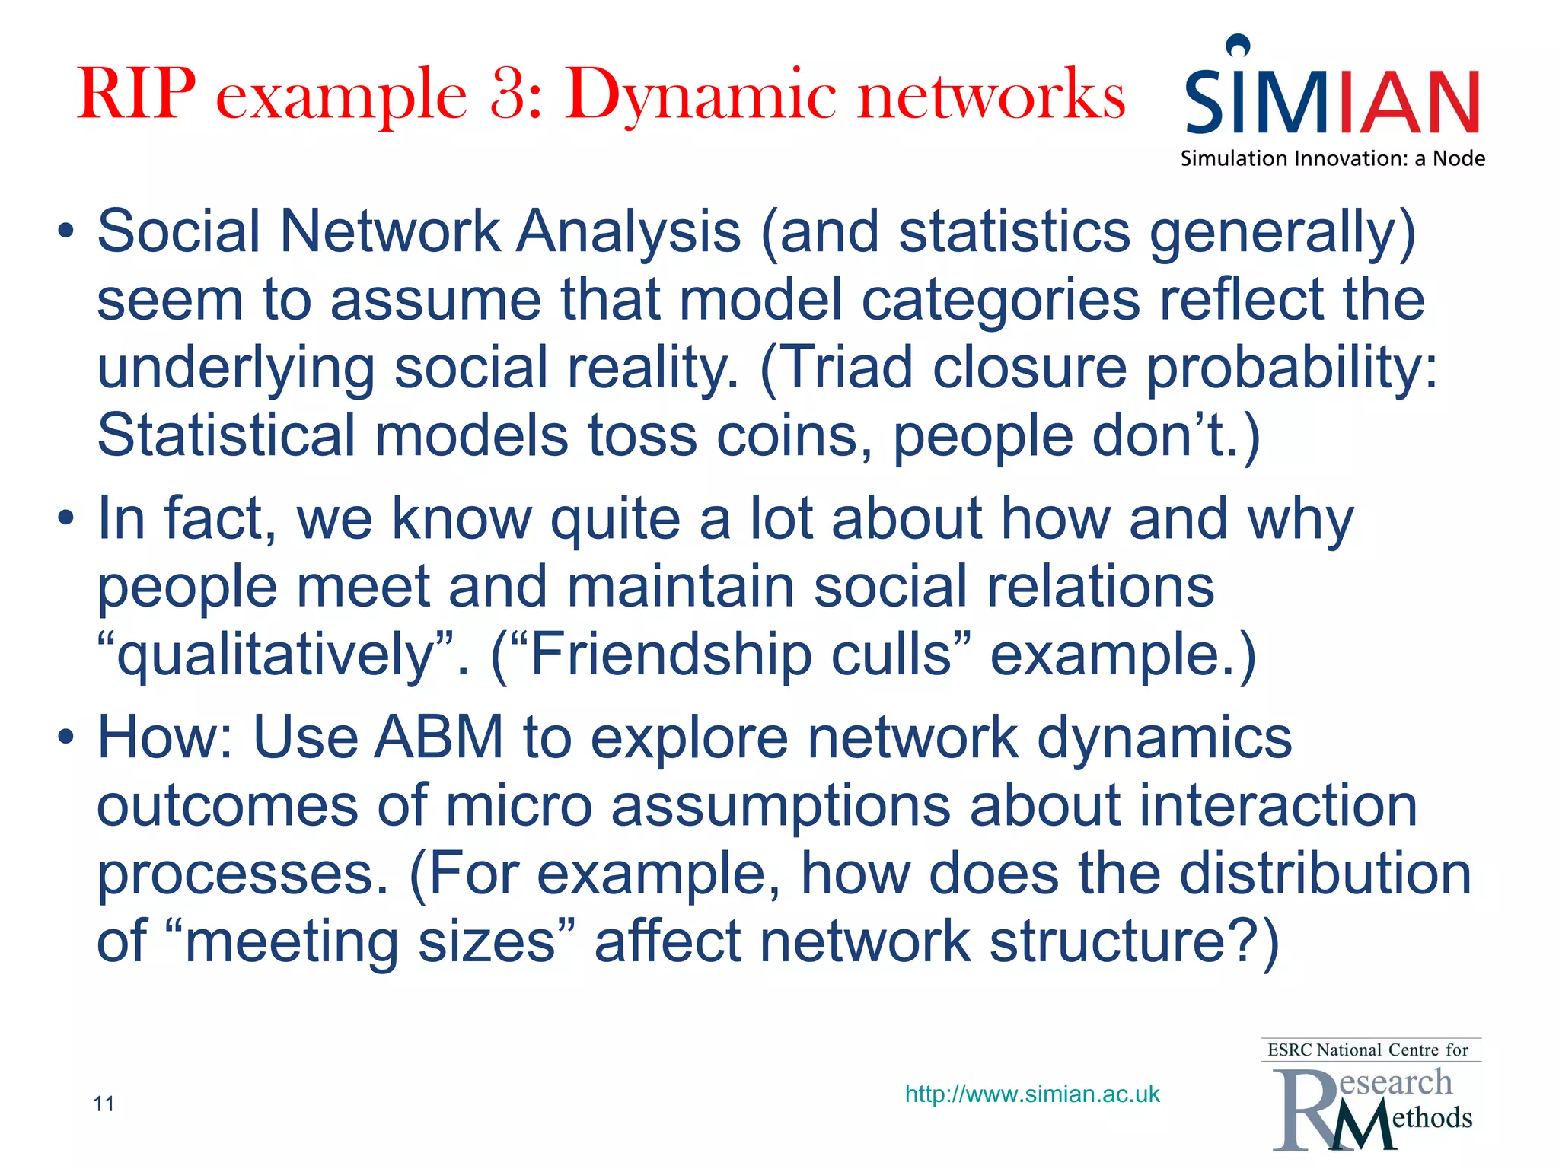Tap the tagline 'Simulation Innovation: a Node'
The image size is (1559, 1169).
point(1332,158)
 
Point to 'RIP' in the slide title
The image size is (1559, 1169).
point(137,94)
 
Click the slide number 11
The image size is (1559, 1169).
point(104,1104)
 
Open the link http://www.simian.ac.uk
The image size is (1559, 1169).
point(1031,1094)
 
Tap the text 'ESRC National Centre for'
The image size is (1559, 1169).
point(1368,1050)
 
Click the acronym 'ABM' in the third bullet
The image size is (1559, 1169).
point(438,737)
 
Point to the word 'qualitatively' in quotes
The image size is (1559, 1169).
point(275,657)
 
